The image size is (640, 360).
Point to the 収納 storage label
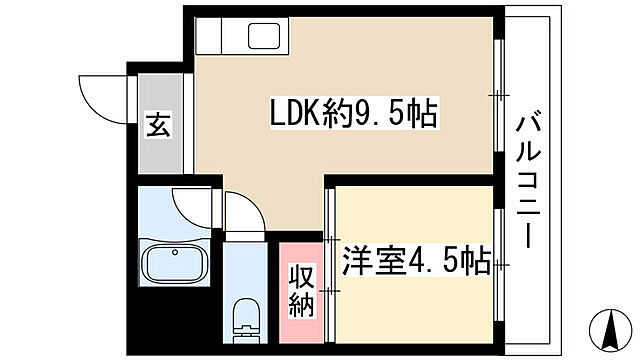click(301, 290)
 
